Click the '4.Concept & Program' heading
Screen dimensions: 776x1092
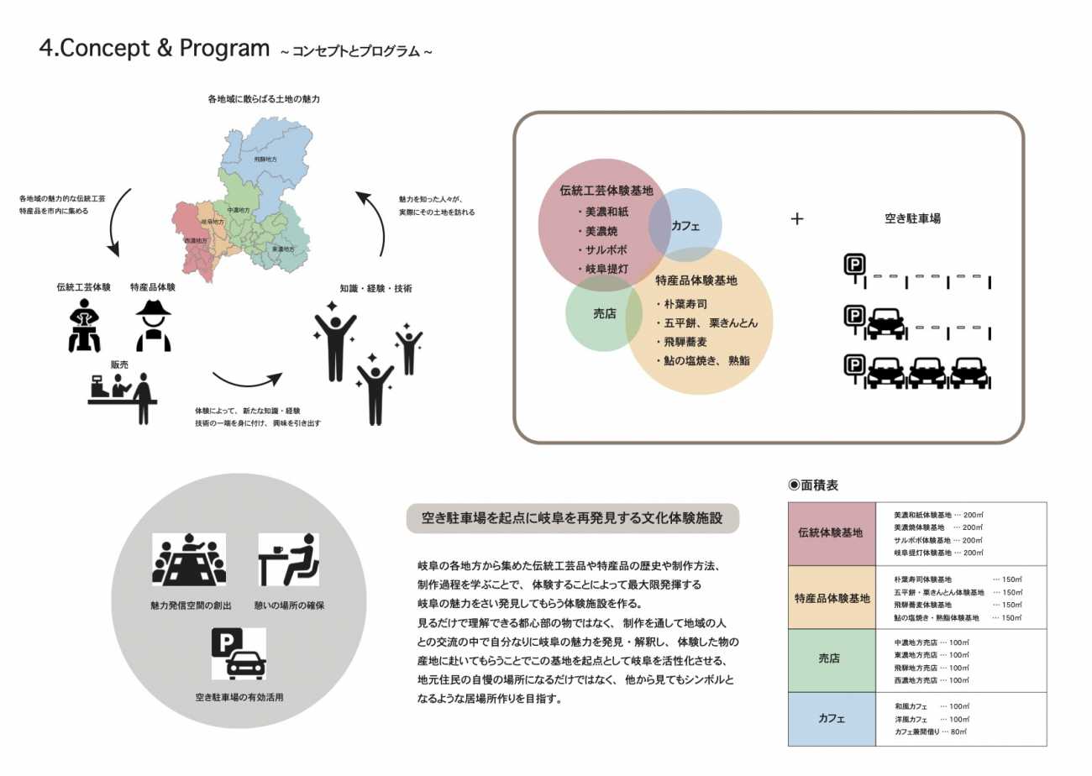pos(155,49)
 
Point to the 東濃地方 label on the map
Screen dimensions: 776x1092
pos(283,249)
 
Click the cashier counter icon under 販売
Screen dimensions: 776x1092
pos(123,397)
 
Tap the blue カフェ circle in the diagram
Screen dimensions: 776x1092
pos(686,224)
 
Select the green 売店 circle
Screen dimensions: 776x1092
pos(605,313)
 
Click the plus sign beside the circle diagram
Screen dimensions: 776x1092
pos(797,219)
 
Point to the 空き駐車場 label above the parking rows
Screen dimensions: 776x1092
pos(912,218)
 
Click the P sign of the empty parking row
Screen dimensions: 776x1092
pos(854,266)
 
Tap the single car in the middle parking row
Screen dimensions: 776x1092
pos(885,323)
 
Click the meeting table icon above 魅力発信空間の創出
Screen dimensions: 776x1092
pos(189,560)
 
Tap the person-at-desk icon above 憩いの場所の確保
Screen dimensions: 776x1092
pos(288,560)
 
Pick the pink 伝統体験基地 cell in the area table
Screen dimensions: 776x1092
pos(829,533)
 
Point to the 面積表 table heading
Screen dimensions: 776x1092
pos(813,485)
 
